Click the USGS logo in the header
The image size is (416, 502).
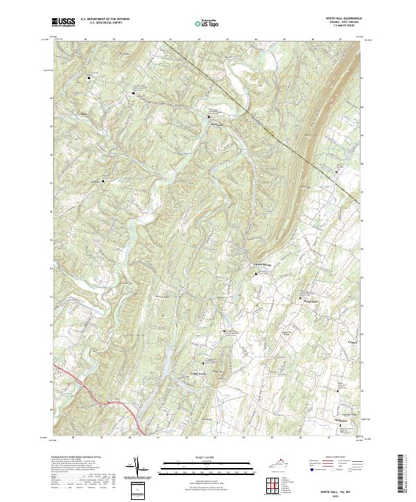pos(63,22)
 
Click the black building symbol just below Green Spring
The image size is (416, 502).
pos(257,274)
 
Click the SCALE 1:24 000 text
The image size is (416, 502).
pos(208,455)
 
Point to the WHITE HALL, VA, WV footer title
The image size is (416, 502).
pos(343,487)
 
